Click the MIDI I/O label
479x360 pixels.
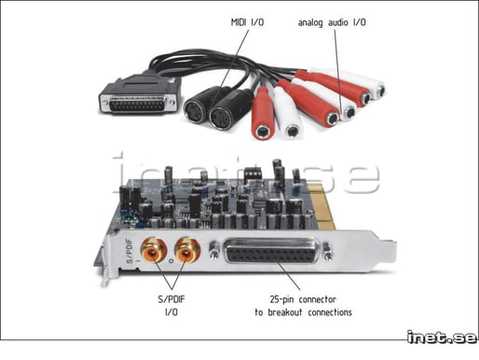247,22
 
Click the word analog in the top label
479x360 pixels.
310,22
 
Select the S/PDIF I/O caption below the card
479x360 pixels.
171,305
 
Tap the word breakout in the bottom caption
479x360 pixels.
284,312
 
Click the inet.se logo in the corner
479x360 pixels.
442,337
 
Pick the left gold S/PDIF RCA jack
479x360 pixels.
154,250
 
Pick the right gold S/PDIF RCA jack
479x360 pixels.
187,250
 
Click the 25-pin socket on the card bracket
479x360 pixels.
271,251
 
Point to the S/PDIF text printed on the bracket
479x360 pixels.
130,251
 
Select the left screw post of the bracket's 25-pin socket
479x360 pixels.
213,250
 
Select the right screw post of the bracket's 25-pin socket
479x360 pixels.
328,251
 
